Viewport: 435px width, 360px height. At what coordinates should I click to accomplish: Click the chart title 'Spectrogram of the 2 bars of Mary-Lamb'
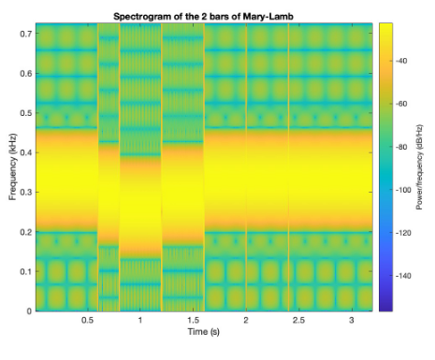(204, 16)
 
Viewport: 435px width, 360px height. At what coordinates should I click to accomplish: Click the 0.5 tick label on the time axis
(87, 320)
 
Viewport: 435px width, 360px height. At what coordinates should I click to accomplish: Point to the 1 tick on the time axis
(139, 320)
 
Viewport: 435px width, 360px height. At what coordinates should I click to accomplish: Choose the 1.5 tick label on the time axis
(193, 320)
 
